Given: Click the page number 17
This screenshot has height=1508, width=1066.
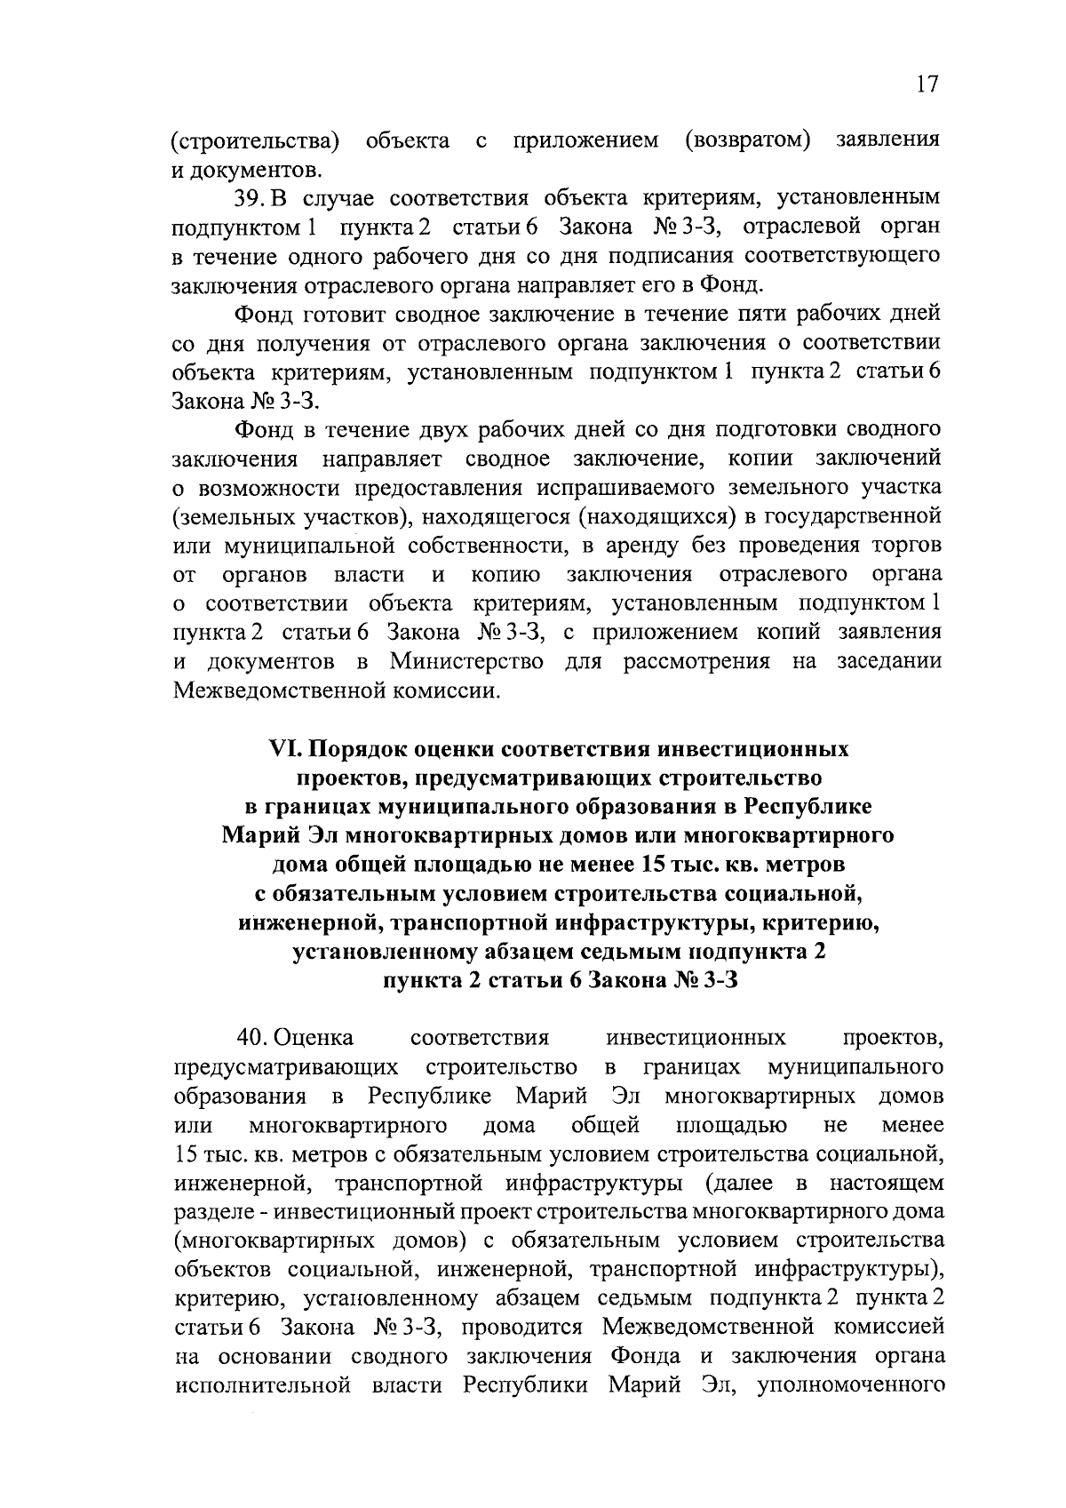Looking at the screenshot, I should coord(925,84).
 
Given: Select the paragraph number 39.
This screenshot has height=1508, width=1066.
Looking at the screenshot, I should coord(251,198).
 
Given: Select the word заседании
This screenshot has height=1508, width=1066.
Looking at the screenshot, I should coord(888,662).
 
